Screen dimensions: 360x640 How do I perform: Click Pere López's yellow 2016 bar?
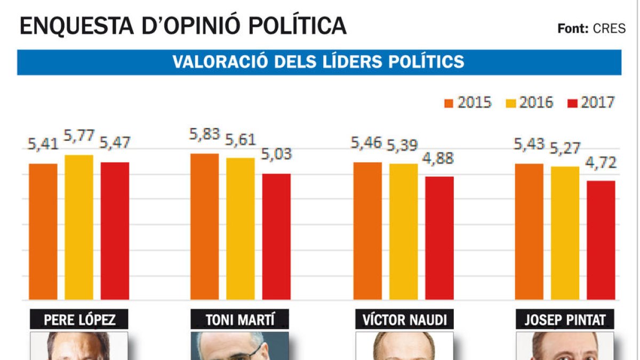79,227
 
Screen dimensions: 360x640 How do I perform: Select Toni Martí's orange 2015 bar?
205,226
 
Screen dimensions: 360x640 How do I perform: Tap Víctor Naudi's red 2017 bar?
439,237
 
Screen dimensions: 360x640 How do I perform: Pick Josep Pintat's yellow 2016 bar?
565,233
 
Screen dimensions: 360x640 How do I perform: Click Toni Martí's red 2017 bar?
276,236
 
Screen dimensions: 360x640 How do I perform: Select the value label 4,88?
440,159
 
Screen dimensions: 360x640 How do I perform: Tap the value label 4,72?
601,162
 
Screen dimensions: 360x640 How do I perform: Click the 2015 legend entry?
468,102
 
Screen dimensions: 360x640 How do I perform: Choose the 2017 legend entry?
591,102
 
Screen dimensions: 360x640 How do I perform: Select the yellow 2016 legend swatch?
511,102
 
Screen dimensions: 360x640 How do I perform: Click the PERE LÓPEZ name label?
79,320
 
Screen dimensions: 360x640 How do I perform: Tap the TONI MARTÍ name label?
240,320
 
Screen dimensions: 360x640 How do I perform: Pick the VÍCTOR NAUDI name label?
404,320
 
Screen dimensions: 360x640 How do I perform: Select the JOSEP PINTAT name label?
565,320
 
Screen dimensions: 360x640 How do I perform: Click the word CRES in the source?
609,29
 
